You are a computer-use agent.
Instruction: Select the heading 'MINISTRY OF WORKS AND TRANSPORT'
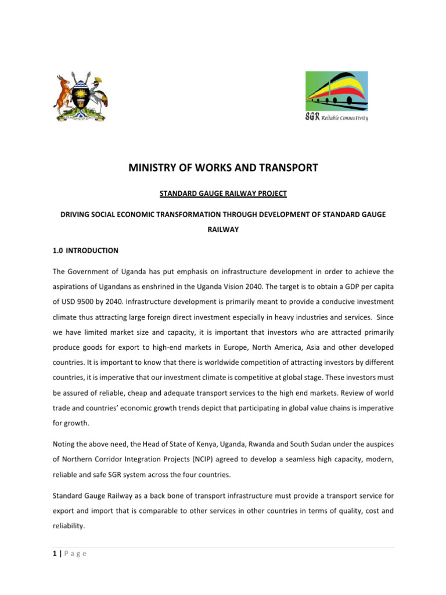pyautogui.click(x=223, y=168)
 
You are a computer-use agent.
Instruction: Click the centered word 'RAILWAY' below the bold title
pyautogui.click(x=223, y=230)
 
